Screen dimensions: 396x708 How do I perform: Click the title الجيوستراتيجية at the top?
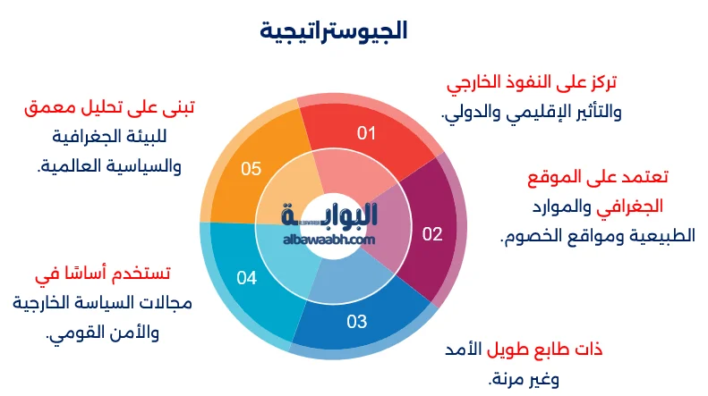334,31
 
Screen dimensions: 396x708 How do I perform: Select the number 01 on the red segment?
367,134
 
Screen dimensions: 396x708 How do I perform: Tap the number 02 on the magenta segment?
432,234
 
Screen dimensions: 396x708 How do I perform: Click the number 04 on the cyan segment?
247,278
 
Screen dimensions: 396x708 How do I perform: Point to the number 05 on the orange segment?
252,168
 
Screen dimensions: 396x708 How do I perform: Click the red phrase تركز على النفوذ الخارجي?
532,84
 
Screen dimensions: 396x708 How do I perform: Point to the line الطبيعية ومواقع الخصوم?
583,237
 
